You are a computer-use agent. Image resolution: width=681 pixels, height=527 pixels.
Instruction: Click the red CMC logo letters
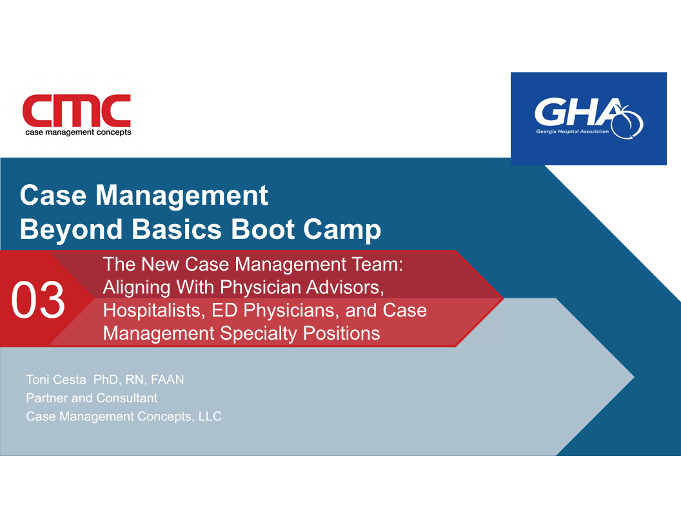click(77, 110)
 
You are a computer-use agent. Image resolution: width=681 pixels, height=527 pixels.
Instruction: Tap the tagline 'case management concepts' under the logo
click(78, 132)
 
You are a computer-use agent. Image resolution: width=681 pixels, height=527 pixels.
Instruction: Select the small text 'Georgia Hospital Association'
click(573, 131)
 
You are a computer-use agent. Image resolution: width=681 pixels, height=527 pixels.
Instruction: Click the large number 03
click(38, 300)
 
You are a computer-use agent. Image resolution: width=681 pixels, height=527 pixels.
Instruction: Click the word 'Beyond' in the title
click(71, 229)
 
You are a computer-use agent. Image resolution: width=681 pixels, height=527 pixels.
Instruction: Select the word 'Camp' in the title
click(342, 229)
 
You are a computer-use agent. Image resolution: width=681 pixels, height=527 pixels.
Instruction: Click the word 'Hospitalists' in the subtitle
click(154, 311)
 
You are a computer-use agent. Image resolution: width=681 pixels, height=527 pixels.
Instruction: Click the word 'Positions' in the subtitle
click(341, 333)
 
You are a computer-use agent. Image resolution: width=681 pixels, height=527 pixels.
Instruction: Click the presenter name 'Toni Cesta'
click(56, 380)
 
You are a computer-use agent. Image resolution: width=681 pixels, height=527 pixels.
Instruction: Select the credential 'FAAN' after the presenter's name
click(167, 380)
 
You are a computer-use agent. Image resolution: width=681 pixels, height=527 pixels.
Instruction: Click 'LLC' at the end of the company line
click(210, 417)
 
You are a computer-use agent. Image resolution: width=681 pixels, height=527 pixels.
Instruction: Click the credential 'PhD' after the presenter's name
click(106, 380)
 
